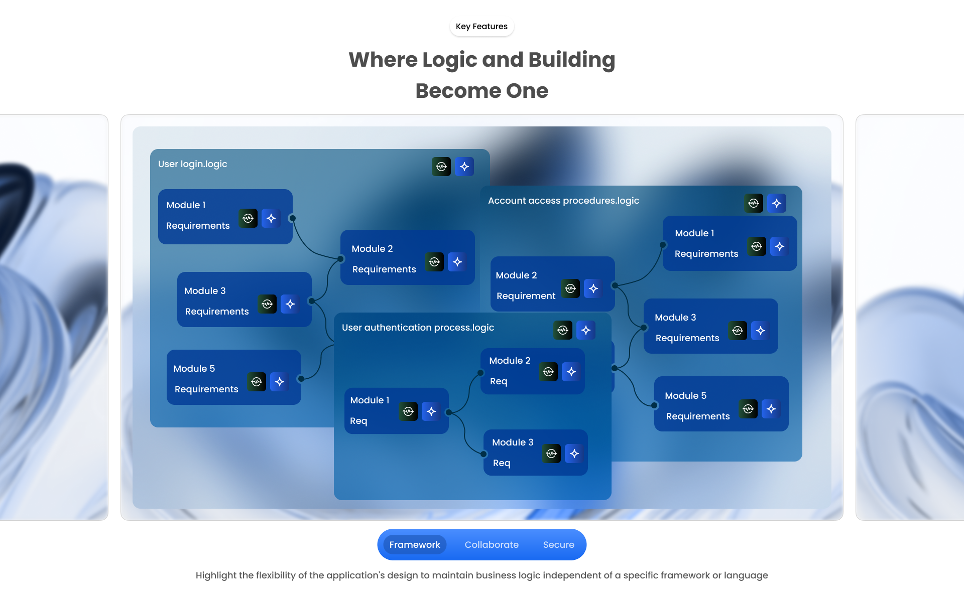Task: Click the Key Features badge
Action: (x=481, y=27)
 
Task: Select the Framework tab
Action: (x=415, y=545)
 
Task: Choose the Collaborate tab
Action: (x=492, y=545)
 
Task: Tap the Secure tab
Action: (x=558, y=545)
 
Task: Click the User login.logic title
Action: (x=193, y=164)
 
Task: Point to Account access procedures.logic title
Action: (x=563, y=201)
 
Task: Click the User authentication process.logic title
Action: (x=418, y=328)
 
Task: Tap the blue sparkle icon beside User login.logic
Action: (x=464, y=167)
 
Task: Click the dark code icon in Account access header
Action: (x=754, y=203)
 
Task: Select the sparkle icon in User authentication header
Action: (x=586, y=330)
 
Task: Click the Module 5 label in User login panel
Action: (x=194, y=369)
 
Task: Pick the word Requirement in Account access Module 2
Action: (x=526, y=296)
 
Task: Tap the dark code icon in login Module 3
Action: (x=267, y=304)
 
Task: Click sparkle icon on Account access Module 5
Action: (x=771, y=409)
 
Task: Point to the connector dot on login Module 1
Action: (x=292, y=218)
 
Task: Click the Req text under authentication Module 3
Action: (x=502, y=463)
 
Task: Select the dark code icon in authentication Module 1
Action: (x=408, y=411)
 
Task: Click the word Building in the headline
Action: (x=571, y=60)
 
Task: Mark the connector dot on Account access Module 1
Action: (x=663, y=245)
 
